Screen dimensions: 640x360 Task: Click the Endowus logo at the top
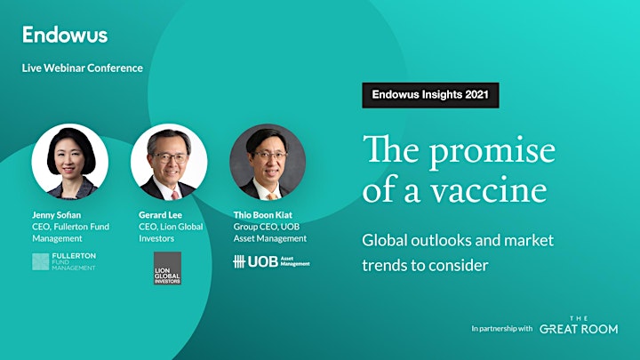pyautogui.click(x=65, y=35)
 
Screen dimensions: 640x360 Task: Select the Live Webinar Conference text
pyautogui.click(x=83, y=68)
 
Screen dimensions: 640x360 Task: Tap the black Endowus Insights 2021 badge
pyautogui.click(x=430, y=95)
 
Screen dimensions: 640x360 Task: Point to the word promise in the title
pyautogui.click(x=492, y=151)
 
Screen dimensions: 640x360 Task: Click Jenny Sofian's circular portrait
pyautogui.click(x=70, y=162)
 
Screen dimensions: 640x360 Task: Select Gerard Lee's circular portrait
pyautogui.click(x=169, y=162)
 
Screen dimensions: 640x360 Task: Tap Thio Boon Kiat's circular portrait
pyautogui.click(x=268, y=162)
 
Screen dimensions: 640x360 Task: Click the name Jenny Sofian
pyautogui.click(x=56, y=215)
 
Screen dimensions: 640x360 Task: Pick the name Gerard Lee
pyautogui.click(x=160, y=215)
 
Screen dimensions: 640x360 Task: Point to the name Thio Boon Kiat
pyautogui.click(x=263, y=215)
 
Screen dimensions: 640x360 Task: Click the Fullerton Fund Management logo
pyautogui.click(x=64, y=261)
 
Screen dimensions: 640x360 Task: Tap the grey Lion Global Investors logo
pyautogui.click(x=167, y=268)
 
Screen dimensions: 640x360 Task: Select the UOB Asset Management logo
pyautogui.click(x=271, y=261)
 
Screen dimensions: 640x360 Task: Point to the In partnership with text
pyautogui.click(x=502, y=329)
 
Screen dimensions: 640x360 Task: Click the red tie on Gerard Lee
pyautogui.click(x=175, y=196)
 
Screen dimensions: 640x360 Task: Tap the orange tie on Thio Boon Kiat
pyautogui.click(x=272, y=196)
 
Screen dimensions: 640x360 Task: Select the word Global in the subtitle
pyautogui.click(x=385, y=240)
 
